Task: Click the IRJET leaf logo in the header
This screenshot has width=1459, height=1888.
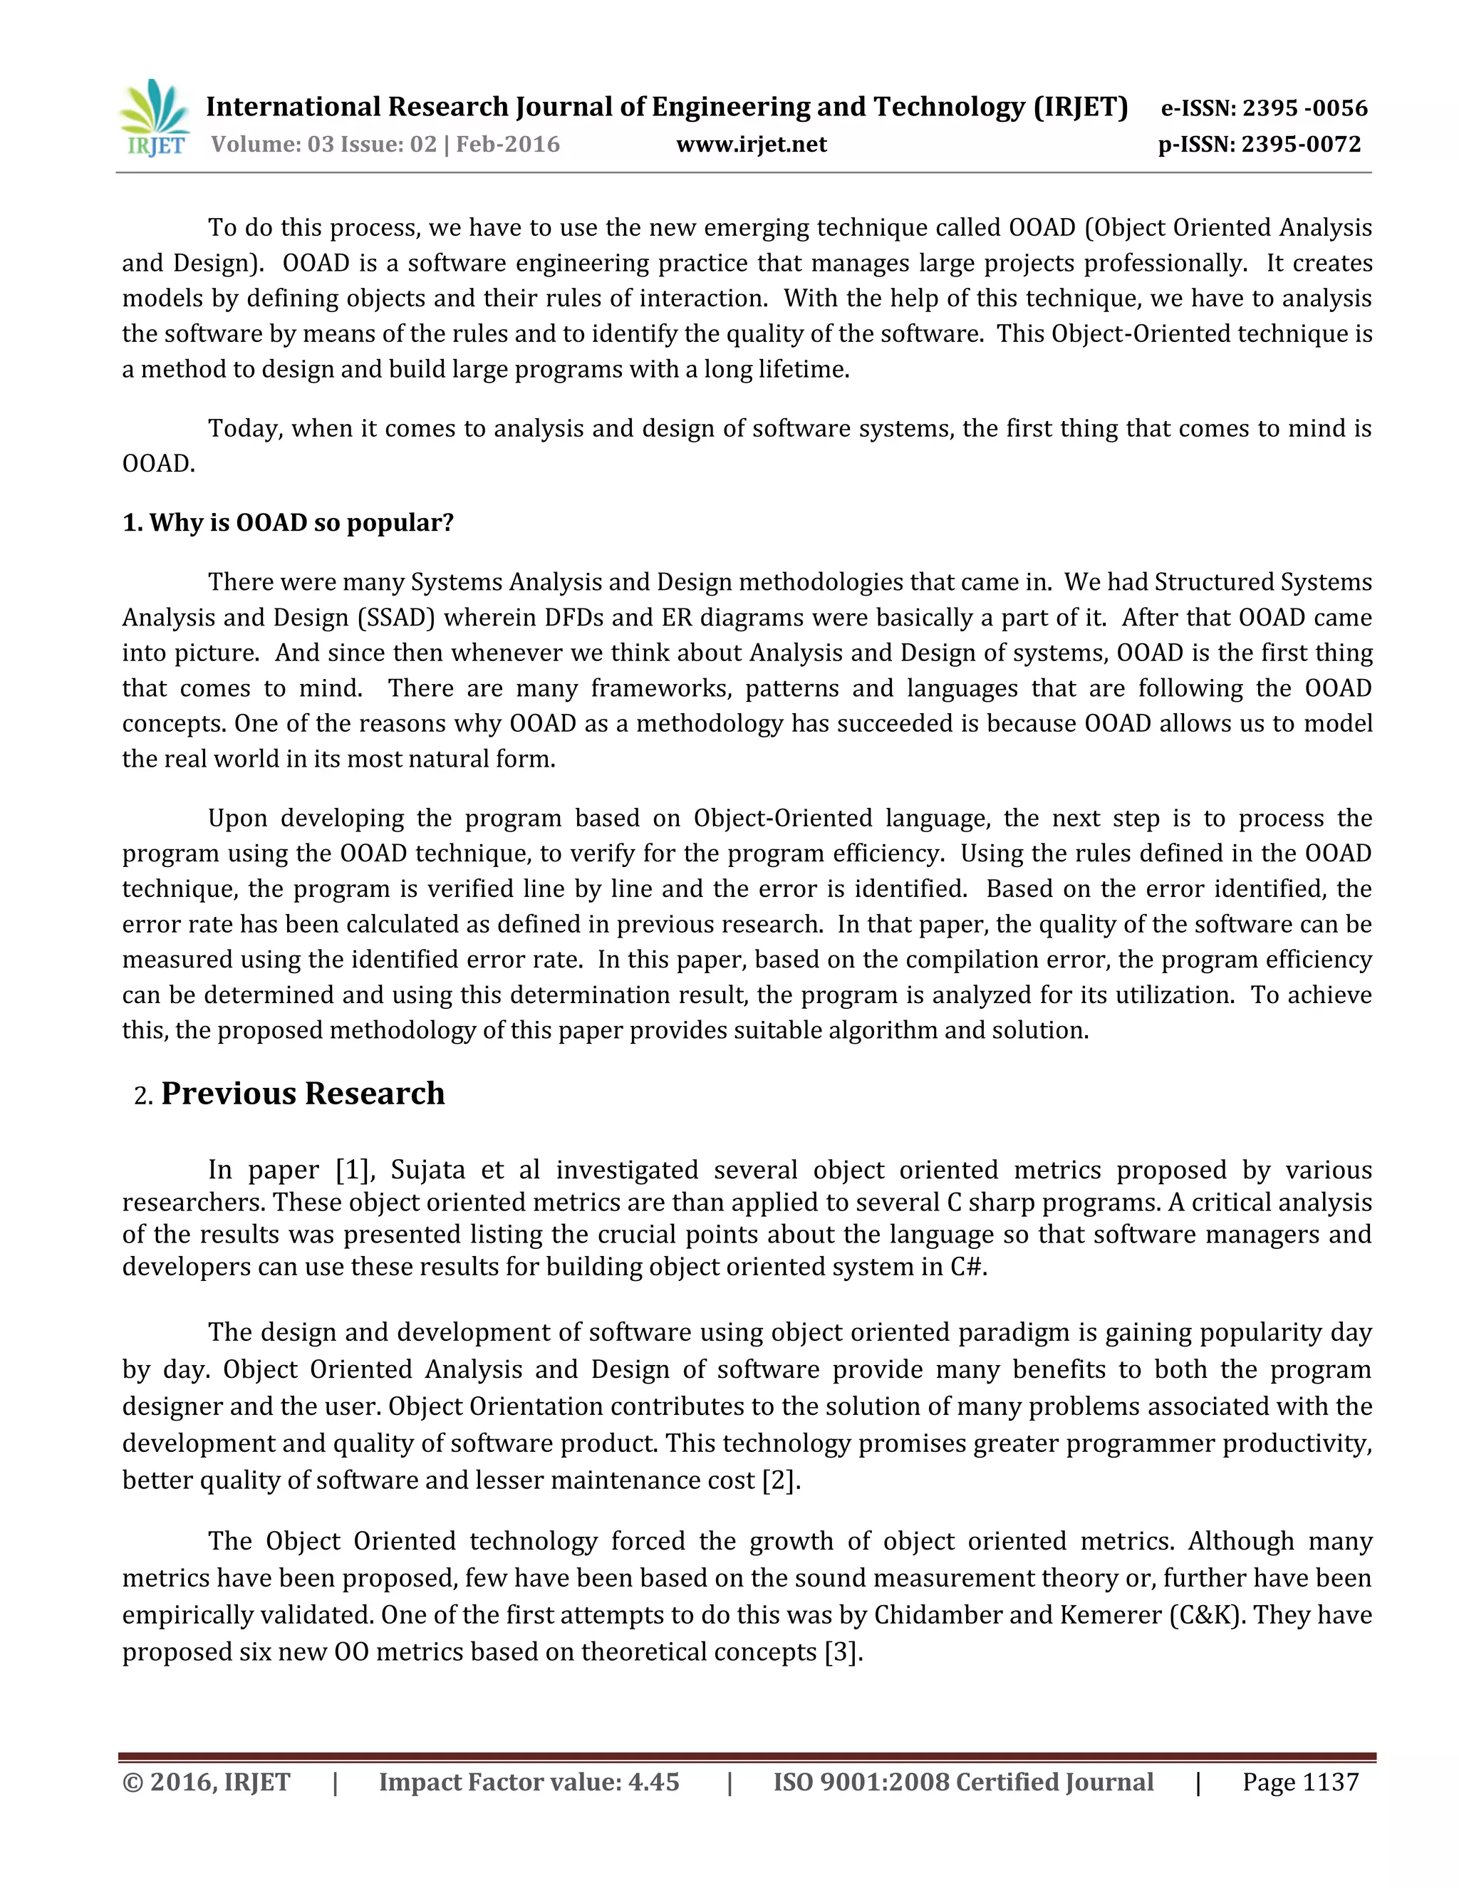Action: pos(155,118)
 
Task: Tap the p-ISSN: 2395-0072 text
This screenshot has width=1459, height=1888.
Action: pos(1260,145)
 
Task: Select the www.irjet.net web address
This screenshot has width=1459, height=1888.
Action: pos(751,145)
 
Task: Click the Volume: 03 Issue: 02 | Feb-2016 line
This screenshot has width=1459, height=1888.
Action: pos(385,145)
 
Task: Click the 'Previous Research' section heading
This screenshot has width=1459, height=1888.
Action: pos(303,1094)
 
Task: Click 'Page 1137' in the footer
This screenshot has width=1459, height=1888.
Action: pos(1300,1782)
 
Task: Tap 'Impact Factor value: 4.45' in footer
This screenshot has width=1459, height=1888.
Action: pos(529,1782)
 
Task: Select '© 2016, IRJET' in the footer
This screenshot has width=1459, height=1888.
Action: pos(207,1782)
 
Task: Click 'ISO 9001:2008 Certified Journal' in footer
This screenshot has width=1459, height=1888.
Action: pos(963,1782)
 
